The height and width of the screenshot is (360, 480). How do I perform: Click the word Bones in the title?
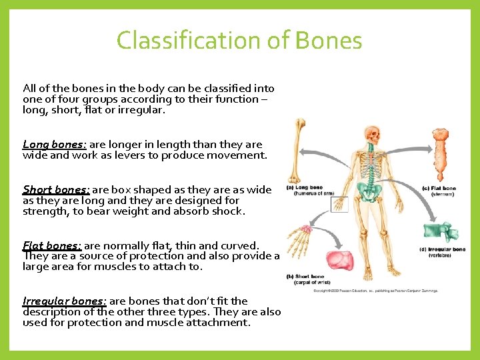coord(329,41)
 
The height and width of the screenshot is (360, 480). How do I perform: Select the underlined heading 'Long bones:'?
coord(54,145)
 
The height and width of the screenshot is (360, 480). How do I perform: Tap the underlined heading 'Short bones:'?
coord(56,190)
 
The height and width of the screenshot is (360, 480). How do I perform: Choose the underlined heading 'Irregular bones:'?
coord(64,301)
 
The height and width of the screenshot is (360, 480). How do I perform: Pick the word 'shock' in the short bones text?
coord(228,211)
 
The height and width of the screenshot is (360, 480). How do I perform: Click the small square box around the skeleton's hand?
coord(339,204)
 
